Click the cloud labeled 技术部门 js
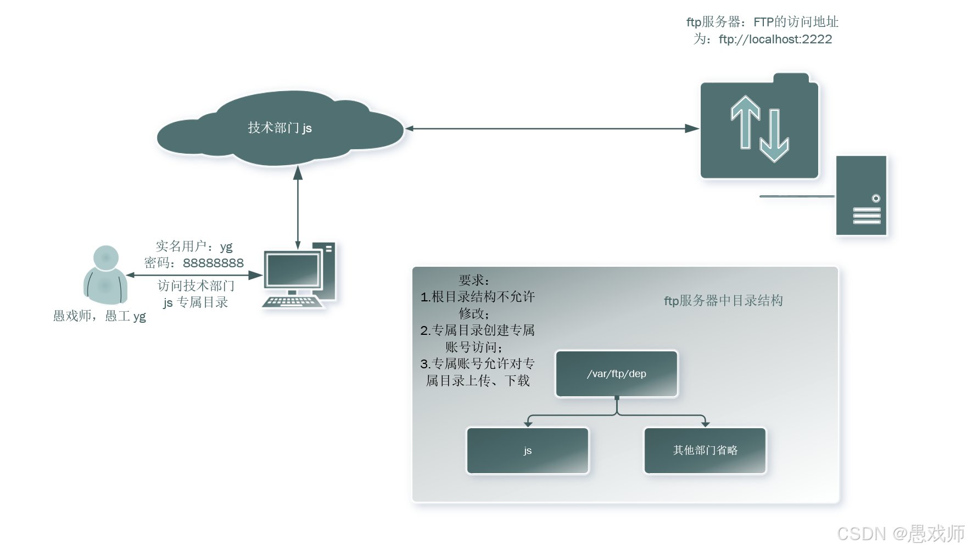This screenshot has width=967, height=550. (x=280, y=128)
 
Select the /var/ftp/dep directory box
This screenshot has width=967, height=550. (x=617, y=374)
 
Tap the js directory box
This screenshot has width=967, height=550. (x=527, y=451)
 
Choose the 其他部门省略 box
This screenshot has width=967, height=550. (x=705, y=451)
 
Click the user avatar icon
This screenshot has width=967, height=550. (x=105, y=274)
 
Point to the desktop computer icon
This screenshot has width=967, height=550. (x=299, y=274)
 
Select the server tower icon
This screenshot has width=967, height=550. (x=861, y=195)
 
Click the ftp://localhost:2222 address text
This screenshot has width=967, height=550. (x=775, y=40)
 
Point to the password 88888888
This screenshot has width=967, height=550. (x=213, y=263)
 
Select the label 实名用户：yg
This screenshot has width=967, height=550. (x=194, y=246)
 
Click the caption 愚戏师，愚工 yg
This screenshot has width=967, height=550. (x=99, y=316)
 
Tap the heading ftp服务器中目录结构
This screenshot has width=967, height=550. (x=723, y=301)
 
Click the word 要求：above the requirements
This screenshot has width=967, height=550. (x=474, y=280)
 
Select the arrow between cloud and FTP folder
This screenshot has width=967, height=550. (x=551, y=128)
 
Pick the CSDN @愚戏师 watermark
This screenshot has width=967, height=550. (x=901, y=534)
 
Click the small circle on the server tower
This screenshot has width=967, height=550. (x=876, y=198)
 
